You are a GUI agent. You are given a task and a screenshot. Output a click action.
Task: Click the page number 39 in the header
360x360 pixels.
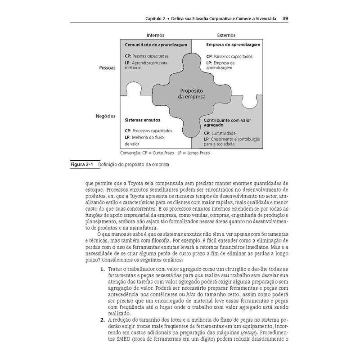(285, 19)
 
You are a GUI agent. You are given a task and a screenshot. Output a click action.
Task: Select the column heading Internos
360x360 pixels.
(155, 35)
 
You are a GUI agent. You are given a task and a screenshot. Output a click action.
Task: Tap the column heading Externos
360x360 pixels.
(226, 35)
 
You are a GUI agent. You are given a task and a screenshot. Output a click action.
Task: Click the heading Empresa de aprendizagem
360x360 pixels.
(233, 45)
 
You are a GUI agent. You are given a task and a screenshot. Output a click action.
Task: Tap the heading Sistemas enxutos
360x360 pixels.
(142, 121)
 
